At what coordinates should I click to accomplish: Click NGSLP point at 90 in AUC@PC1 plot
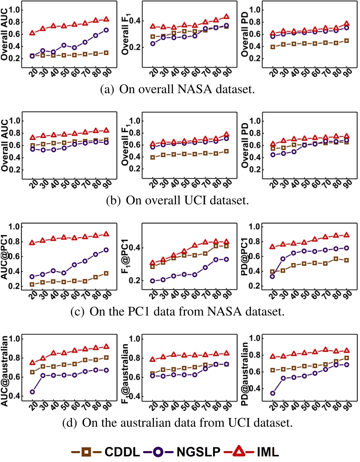pos(106,250)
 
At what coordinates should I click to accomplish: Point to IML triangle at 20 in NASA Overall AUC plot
pos(33,33)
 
